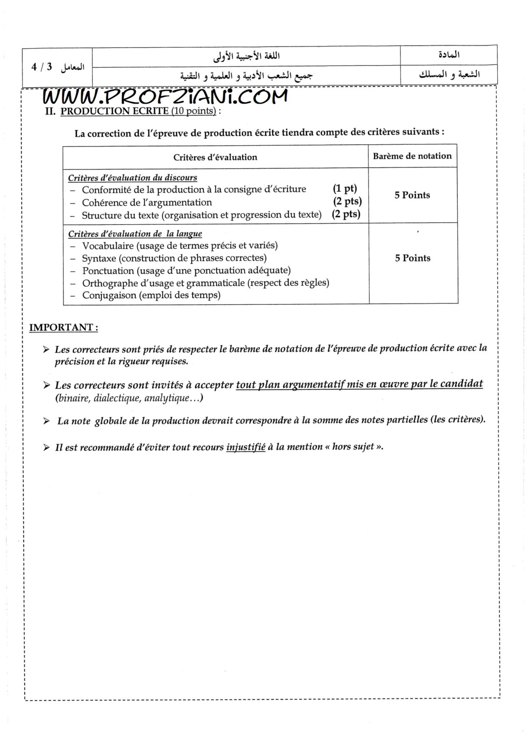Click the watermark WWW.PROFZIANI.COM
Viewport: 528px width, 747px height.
click(x=165, y=96)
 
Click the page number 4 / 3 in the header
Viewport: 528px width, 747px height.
click(x=42, y=67)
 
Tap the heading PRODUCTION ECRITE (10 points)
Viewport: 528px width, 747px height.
click(x=138, y=111)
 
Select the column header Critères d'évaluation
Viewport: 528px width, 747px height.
click(x=215, y=157)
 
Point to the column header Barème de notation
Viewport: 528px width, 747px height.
click(x=412, y=156)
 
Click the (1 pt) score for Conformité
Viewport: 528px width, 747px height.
click(x=345, y=189)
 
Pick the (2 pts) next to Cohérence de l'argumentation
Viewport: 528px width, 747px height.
click(x=347, y=201)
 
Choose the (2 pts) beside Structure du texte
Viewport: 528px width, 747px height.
click(x=346, y=214)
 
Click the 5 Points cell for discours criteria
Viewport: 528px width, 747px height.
click(x=412, y=195)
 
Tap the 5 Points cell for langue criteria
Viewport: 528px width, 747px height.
click(x=412, y=258)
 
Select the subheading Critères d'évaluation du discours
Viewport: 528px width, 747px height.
click(x=133, y=177)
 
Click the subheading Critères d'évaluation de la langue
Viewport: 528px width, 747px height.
click(x=135, y=234)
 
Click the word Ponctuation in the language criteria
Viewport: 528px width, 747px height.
click(x=108, y=271)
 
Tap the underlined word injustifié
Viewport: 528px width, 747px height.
click(x=245, y=447)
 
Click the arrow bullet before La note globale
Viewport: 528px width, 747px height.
click(x=46, y=421)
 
